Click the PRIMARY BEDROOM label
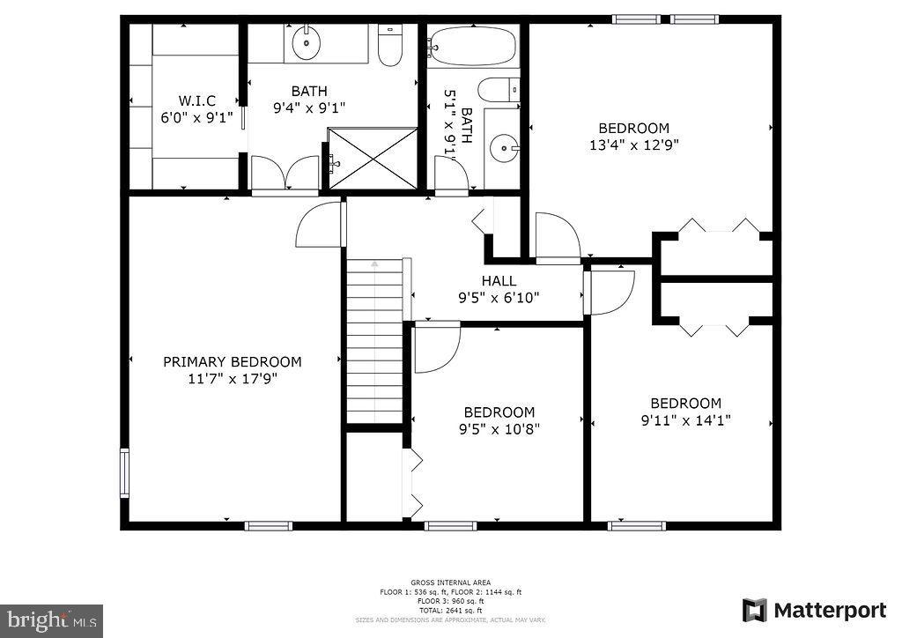(x=233, y=361)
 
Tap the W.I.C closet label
(x=196, y=100)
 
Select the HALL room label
(x=499, y=281)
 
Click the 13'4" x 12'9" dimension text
(x=634, y=145)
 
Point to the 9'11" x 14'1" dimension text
(x=686, y=420)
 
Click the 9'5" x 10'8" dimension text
(x=499, y=429)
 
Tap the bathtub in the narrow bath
(x=473, y=46)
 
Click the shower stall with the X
(x=372, y=158)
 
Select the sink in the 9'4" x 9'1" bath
(x=308, y=41)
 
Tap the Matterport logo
(x=814, y=610)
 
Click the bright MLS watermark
(x=51, y=620)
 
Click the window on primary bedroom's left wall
(x=124, y=473)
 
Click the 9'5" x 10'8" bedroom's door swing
(x=437, y=346)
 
